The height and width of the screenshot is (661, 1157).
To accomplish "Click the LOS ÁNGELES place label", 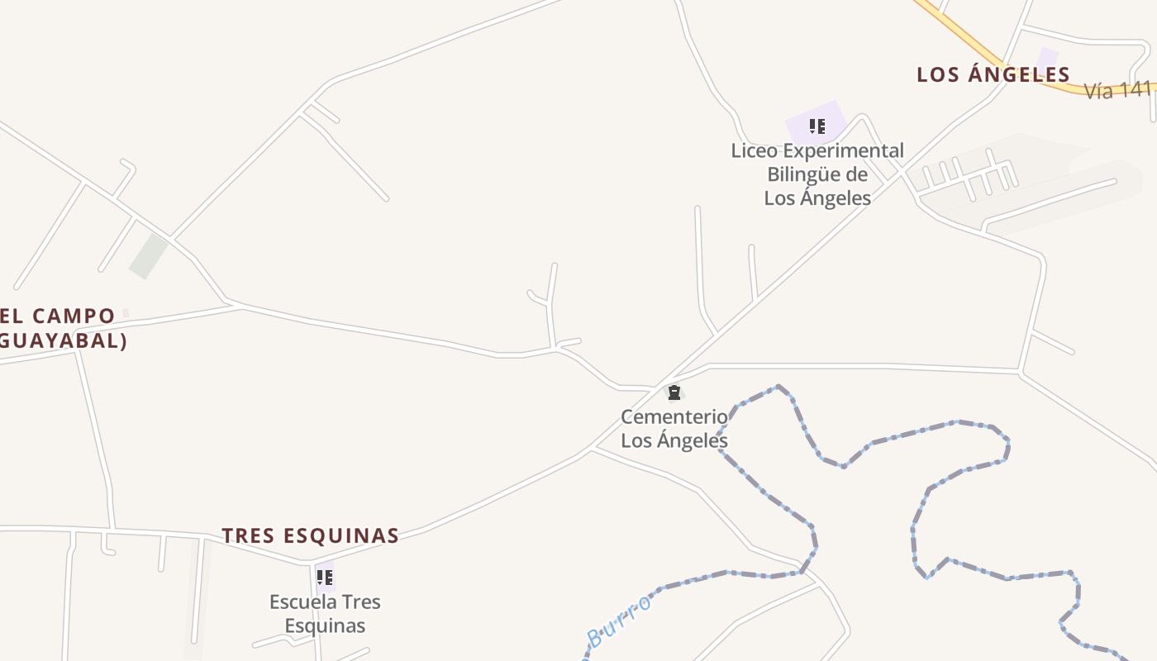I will (993, 74).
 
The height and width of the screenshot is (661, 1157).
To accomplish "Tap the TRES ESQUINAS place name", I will (310, 535).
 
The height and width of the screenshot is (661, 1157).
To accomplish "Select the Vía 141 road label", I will (1117, 91).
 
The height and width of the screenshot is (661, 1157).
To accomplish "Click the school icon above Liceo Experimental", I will (817, 126).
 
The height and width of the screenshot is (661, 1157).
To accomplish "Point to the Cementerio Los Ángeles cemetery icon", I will (674, 392).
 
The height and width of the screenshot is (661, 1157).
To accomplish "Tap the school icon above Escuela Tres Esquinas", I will (325, 577).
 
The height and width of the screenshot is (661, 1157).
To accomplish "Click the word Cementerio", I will (674, 416).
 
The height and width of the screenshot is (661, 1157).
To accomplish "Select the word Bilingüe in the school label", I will (807, 174).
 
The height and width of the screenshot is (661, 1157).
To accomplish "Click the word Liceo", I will (754, 151).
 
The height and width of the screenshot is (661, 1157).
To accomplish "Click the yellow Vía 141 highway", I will (975, 41).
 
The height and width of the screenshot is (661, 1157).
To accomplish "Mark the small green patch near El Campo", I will (149, 255).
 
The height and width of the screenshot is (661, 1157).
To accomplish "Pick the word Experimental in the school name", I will (843, 151).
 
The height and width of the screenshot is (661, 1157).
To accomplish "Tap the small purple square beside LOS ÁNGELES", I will (1048, 56).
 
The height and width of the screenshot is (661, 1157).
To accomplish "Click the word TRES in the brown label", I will (248, 535).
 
